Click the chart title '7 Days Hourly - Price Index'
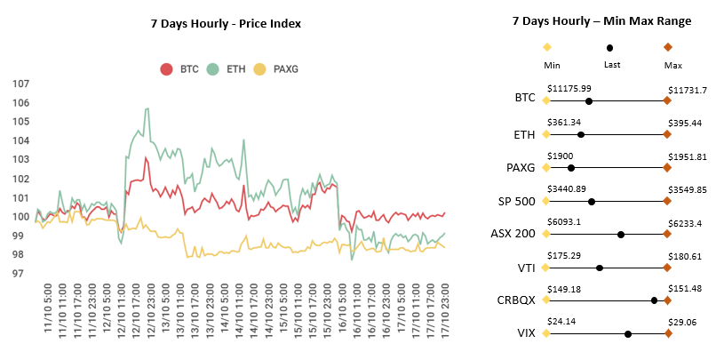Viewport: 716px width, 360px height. (x=226, y=23)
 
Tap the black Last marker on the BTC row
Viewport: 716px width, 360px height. (x=589, y=101)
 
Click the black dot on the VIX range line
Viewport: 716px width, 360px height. (x=628, y=334)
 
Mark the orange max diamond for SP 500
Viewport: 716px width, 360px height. (x=667, y=202)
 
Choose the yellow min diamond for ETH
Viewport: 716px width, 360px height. (x=546, y=135)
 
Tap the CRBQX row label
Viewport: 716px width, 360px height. (x=516, y=300)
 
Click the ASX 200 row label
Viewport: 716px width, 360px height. (x=513, y=234)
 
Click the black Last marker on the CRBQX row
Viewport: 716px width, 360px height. (x=654, y=300)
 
